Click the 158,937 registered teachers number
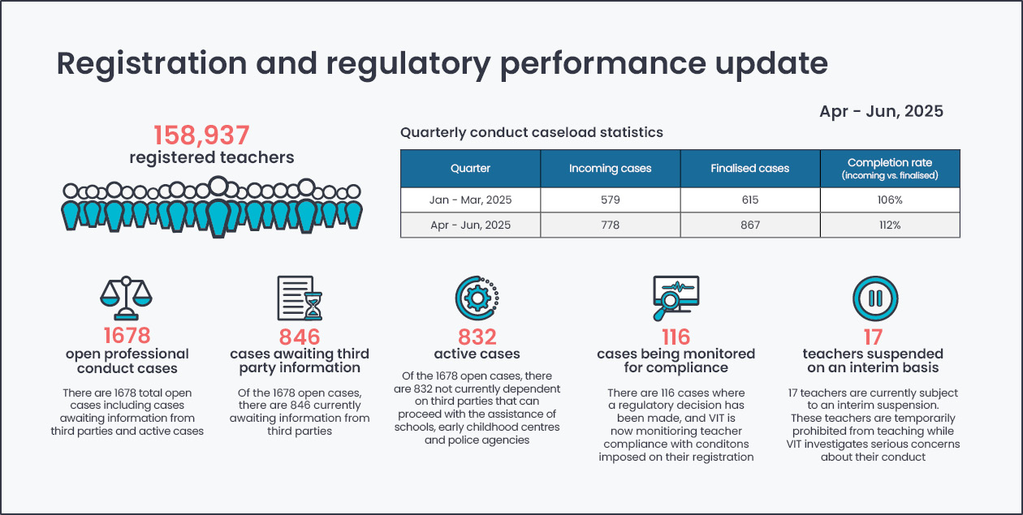(x=201, y=135)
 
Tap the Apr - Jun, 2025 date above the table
(x=881, y=111)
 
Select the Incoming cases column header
(x=611, y=169)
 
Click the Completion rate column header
(x=890, y=169)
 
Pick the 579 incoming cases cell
(x=611, y=200)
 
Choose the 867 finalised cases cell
(x=750, y=225)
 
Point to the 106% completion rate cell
(x=890, y=200)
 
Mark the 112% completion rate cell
(x=890, y=225)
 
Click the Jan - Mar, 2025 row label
(x=470, y=200)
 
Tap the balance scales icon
(x=126, y=298)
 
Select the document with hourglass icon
(x=300, y=298)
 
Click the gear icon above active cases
(x=477, y=298)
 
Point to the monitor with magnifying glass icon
(x=676, y=298)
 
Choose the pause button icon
(x=875, y=298)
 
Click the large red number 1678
(x=127, y=336)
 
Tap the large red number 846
(x=300, y=337)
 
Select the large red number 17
(x=873, y=337)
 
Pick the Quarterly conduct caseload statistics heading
(x=532, y=132)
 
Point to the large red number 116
(x=676, y=337)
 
